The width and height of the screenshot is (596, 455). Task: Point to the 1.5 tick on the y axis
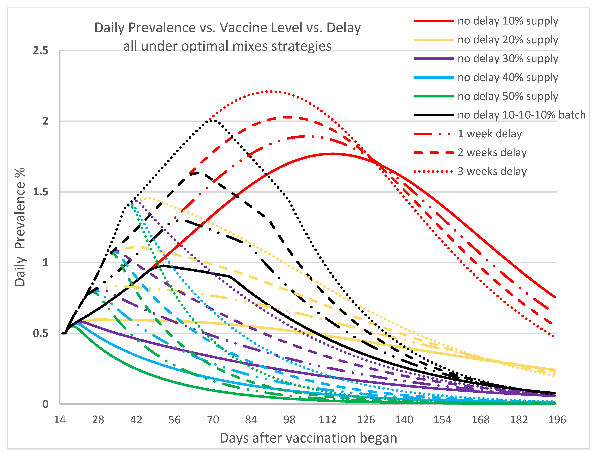pos(41,192)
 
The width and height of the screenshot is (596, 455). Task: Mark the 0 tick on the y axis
pos(45,404)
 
